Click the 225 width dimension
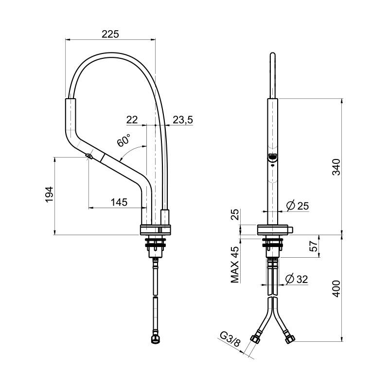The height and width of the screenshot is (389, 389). (110, 34)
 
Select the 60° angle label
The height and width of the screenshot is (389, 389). (124, 140)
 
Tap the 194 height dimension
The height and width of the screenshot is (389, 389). (50, 194)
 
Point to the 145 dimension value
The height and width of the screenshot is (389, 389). (119, 202)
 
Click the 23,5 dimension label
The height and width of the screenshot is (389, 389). (183, 120)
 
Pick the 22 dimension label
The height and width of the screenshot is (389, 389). (132, 120)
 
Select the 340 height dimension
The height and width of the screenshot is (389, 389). (336, 167)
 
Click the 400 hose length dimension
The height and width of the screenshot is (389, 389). (336, 289)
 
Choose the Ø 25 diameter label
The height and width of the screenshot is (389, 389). (297, 206)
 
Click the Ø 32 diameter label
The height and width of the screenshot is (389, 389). (297, 279)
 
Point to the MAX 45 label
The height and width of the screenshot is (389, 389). (235, 265)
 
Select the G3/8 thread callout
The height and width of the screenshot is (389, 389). (230, 340)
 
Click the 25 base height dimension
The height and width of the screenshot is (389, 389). (235, 214)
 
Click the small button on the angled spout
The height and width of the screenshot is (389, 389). (88, 156)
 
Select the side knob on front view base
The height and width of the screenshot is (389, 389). (290, 230)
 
